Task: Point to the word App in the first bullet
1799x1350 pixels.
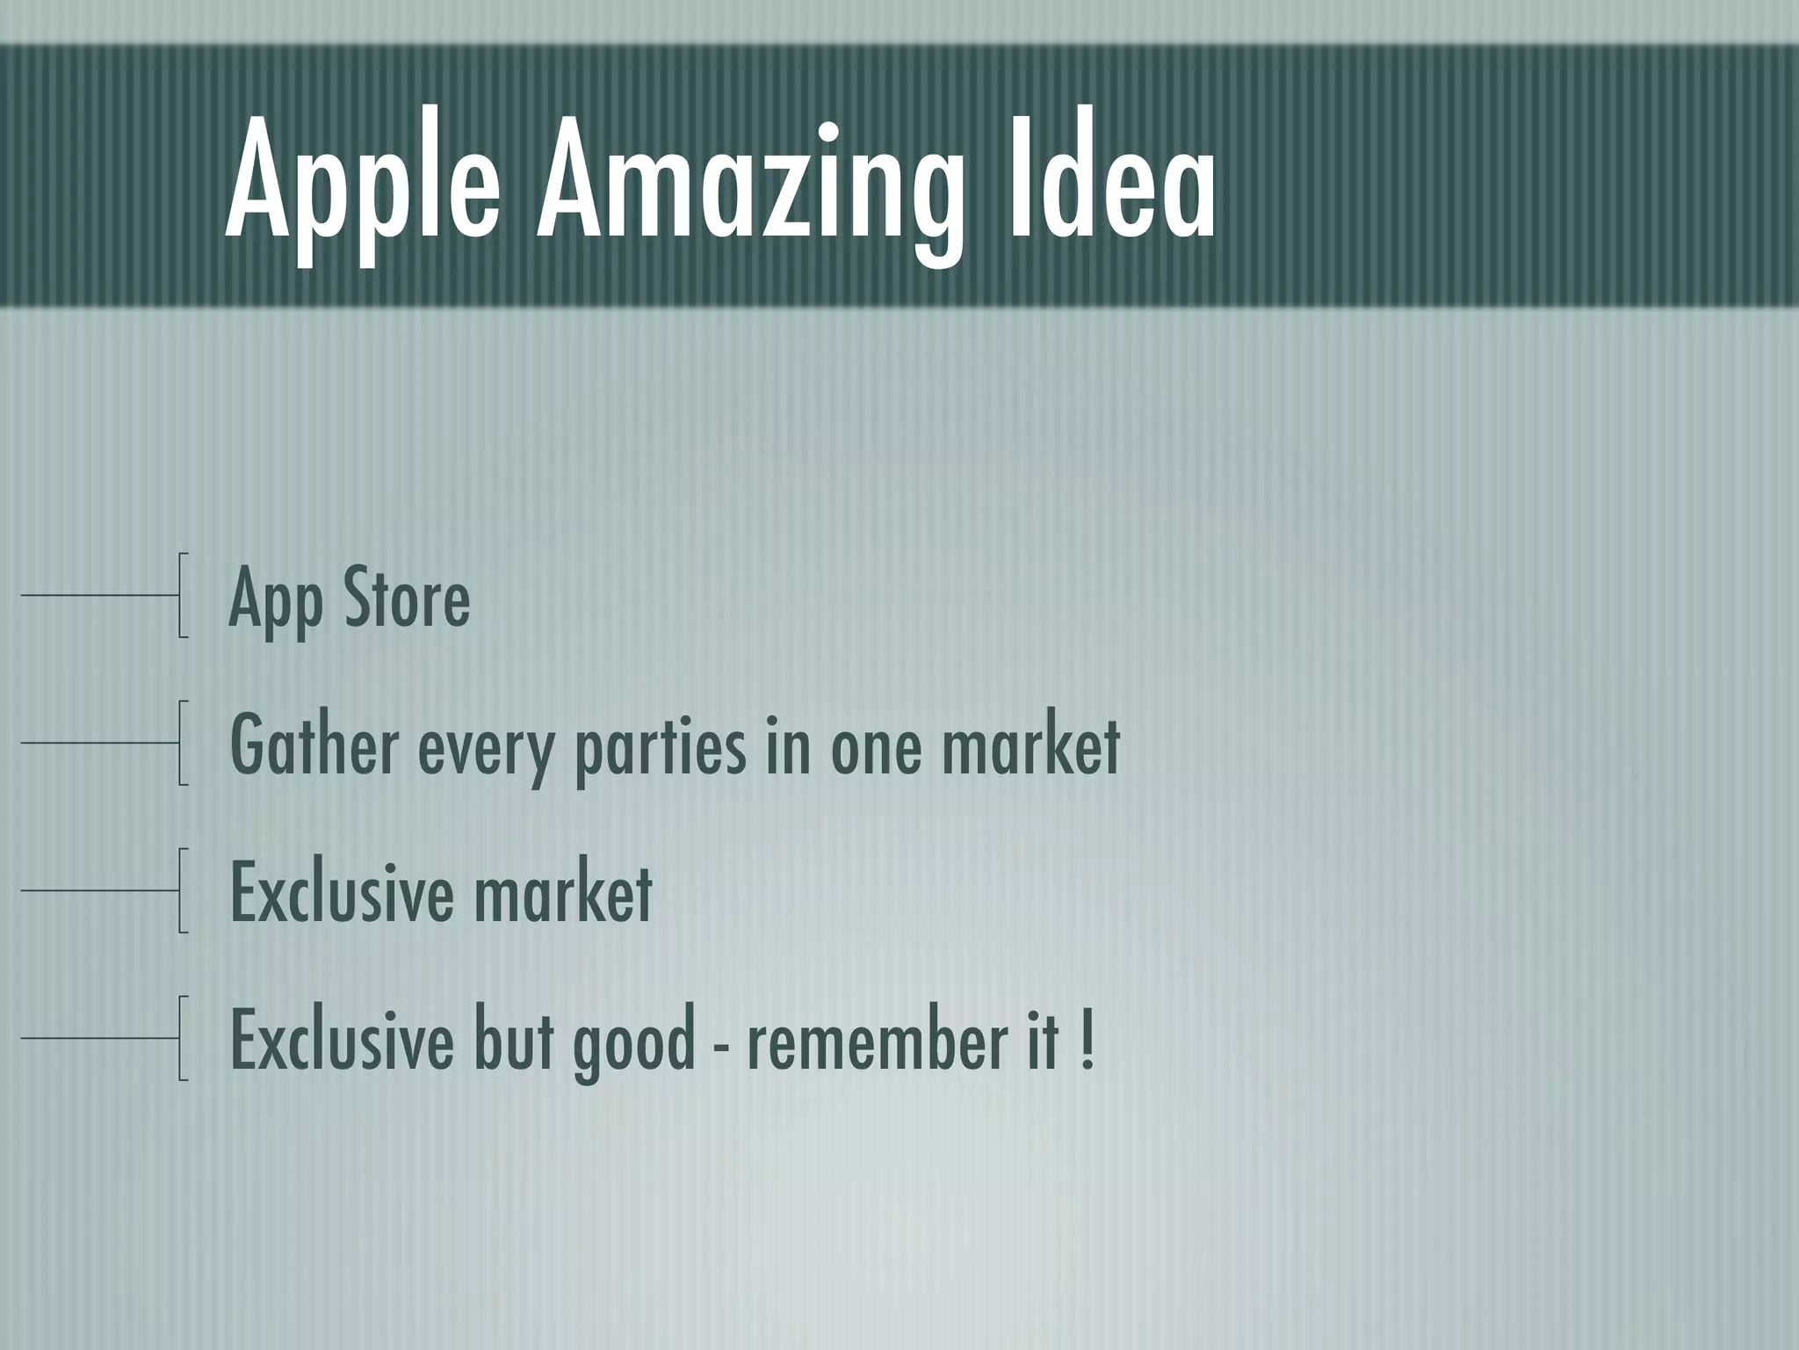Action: pyautogui.click(x=274, y=603)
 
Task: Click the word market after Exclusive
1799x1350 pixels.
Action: pyautogui.click(x=562, y=894)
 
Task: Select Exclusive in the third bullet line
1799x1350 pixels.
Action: pyautogui.click(x=341, y=894)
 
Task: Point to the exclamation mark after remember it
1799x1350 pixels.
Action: pyautogui.click(x=1088, y=1041)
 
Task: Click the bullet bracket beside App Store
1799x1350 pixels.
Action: pyautogui.click(x=181, y=595)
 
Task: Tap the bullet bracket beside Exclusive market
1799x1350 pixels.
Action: pyautogui.click(x=181, y=890)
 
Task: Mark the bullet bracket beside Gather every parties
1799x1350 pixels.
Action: pyautogui.click(x=181, y=743)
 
